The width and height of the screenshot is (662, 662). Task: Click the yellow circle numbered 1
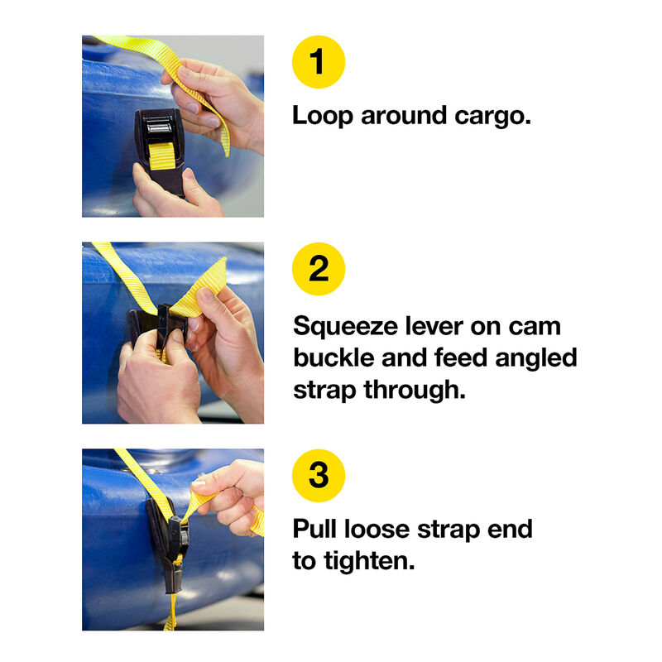pyautogui.click(x=319, y=62)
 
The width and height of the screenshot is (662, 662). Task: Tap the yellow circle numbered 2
pyautogui.click(x=319, y=269)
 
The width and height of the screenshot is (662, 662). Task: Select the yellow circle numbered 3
pyautogui.click(x=319, y=476)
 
